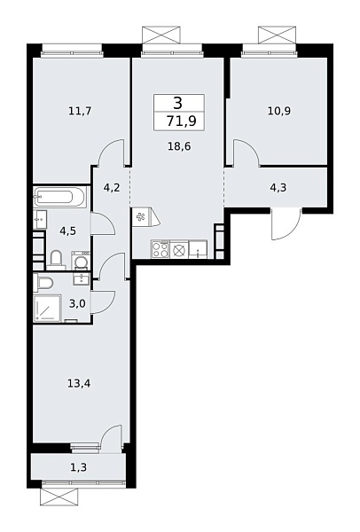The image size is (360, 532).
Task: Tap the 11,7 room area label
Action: pos(80,111)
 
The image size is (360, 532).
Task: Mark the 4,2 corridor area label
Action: pos(111,188)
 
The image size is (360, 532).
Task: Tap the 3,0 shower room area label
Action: pos(77,304)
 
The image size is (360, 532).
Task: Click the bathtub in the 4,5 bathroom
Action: pos(60,196)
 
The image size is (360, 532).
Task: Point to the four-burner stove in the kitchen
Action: pos(160,249)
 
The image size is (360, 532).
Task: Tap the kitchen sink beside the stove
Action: pos(197,249)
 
